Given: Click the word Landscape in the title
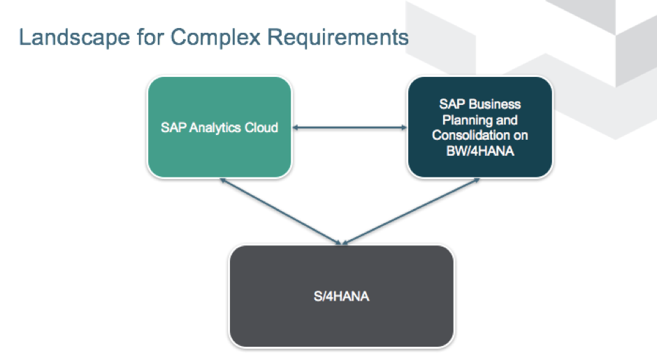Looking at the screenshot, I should (67, 37).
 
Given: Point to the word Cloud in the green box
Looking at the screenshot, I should (260, 127).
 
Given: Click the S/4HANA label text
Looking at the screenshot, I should (342, 296).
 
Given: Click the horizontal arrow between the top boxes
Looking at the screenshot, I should (349, 127).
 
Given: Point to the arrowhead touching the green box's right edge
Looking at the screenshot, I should (296, 127).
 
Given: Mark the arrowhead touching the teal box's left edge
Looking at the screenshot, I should (403, 127).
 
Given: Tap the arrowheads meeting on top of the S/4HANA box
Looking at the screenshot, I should (342, 242).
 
